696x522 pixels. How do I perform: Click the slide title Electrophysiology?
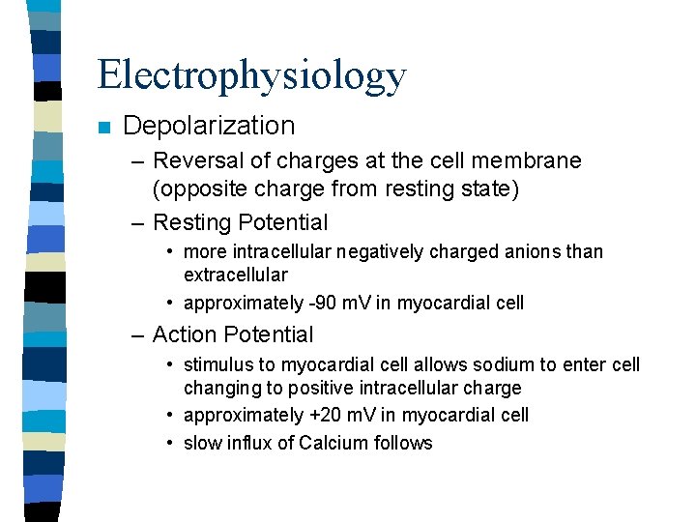[x=251, y=75]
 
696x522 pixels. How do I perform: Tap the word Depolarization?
[x=209, y=126]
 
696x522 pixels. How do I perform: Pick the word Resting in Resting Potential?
[x=191, y=222]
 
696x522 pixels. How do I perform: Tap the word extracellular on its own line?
[x=235, y=275]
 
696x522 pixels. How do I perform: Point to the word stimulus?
[x=219, y=365]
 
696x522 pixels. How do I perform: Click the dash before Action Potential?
[x=138, y=335]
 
